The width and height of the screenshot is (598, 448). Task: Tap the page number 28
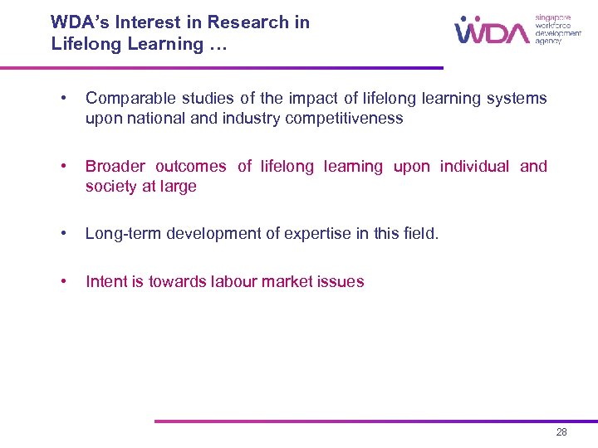562,432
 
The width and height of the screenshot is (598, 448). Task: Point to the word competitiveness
344,119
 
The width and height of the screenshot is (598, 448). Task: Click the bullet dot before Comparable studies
63,99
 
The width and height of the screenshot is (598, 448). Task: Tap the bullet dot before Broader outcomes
63,167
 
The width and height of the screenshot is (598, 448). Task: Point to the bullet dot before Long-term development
63,235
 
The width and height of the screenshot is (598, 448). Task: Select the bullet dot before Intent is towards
63,282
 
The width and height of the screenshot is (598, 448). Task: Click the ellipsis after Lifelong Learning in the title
218,45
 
